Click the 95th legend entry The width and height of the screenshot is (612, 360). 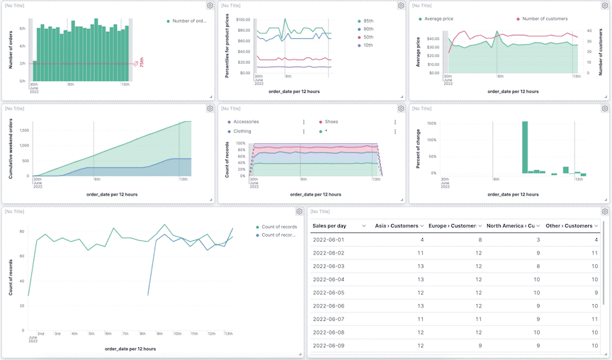pos(368,21)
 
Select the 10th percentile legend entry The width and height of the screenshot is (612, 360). pos(368,45)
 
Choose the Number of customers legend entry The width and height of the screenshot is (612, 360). pos(548,19)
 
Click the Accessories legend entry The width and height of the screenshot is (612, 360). pos(246,122)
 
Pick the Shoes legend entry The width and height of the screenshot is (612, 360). pos(331,122)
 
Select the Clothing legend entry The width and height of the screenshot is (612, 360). pos(242,131)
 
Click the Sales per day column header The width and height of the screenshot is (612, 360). pos(329,225)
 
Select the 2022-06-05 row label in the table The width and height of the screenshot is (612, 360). pos(328,293)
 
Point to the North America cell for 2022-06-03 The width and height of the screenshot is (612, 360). pos(538,266)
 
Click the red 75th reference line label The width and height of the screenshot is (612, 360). pos(141,63)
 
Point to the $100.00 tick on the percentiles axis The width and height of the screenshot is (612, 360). pos(243,21)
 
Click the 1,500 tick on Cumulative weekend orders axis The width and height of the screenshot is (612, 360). pos(23,130)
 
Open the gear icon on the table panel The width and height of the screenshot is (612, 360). pos(605,211)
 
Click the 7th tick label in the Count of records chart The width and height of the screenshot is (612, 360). pos(125,333)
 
